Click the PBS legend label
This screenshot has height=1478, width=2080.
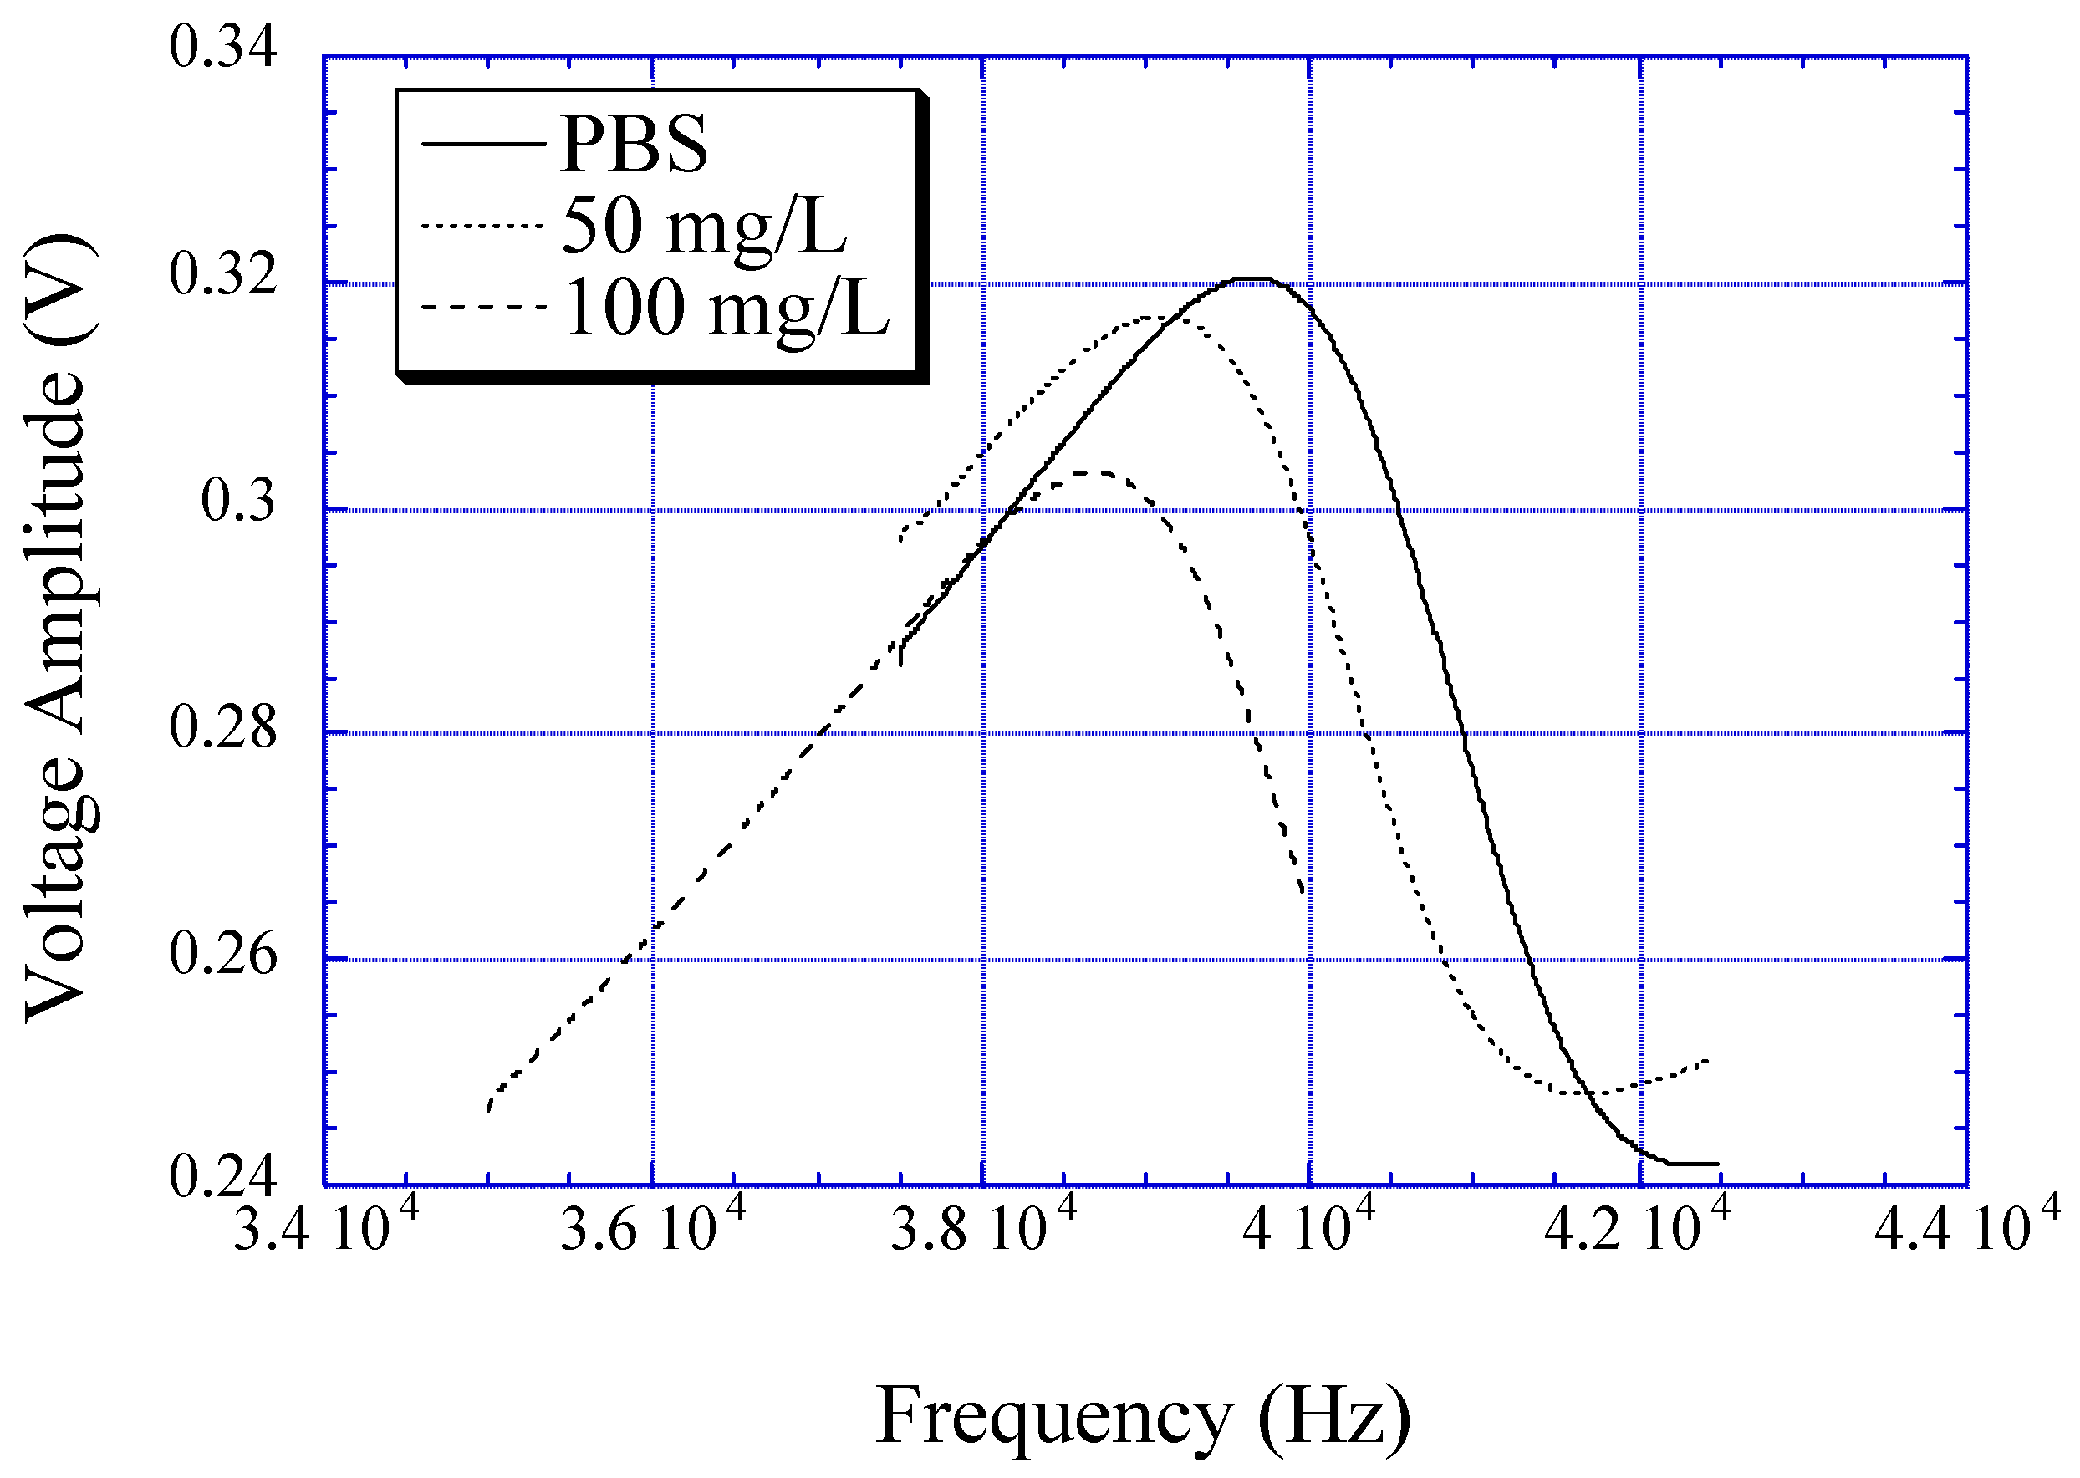point(634,145)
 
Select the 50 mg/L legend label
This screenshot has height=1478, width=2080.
point(703,227)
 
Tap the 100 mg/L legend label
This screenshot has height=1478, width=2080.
point(726,308)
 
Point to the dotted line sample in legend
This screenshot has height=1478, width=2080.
point(483,226)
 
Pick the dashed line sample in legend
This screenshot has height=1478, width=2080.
point(483,308)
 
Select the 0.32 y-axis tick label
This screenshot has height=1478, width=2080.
point(223,274)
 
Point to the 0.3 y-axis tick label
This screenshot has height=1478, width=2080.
point(237,501)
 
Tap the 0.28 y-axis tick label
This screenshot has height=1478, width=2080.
point(223,728)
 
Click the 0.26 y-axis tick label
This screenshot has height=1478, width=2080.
point(223,955)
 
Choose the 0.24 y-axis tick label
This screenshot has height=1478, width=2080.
point(223,1176)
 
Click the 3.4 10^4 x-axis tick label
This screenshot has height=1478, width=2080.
point(325,1228)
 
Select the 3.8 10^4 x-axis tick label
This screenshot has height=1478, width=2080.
point(982,1228)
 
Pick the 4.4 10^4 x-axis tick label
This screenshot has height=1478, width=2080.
point(1966,1228)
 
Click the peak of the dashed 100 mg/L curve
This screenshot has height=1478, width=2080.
point(1092,472)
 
